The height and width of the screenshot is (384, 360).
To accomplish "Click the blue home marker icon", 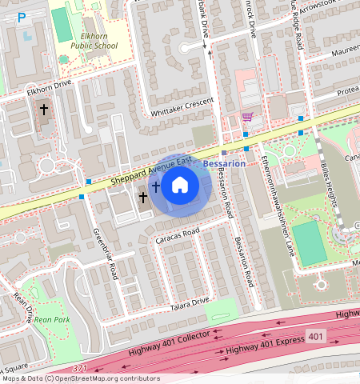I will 180,186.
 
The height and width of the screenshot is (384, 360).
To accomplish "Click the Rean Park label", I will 52,320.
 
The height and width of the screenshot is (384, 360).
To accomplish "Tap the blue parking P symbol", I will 22,17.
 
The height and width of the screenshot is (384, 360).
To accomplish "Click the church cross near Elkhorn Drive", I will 43,107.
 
